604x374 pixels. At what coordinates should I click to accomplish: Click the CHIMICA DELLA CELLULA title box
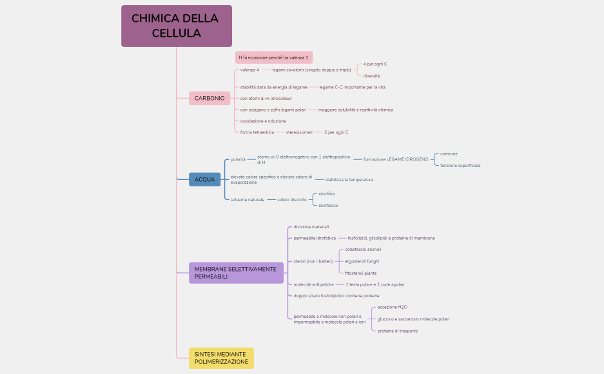point(176,26)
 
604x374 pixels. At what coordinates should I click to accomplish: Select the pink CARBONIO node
point(209,99)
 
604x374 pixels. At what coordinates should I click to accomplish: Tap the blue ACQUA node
point(204,179)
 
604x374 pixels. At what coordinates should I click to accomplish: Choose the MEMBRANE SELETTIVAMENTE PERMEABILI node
point(236,273)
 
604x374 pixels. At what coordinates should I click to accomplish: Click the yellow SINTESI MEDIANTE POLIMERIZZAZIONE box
point(221,358)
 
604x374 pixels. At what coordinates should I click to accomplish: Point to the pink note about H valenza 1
point(273,57)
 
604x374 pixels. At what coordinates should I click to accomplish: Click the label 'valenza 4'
point(249,70)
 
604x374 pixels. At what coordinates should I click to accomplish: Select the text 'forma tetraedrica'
point(257,132)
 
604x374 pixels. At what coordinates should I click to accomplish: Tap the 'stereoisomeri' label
point(299,132)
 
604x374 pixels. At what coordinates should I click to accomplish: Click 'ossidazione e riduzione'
point(263,121)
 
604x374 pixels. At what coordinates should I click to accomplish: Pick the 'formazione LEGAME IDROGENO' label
point(395,159)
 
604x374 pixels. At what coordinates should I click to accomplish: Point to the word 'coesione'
point(449,153)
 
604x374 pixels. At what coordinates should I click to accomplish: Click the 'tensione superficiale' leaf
point(460,166)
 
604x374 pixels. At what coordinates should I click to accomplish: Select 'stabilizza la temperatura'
point(349,179)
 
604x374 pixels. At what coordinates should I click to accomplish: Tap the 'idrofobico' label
point(329,205)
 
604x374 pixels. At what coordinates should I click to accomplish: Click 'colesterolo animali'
point(363,249)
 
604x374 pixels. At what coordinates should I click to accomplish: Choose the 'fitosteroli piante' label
point(361,273)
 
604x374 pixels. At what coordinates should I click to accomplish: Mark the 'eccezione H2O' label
point(392,307)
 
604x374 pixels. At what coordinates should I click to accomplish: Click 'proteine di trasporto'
point(397,331)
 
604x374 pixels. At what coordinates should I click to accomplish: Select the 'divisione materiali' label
point(311,227)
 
